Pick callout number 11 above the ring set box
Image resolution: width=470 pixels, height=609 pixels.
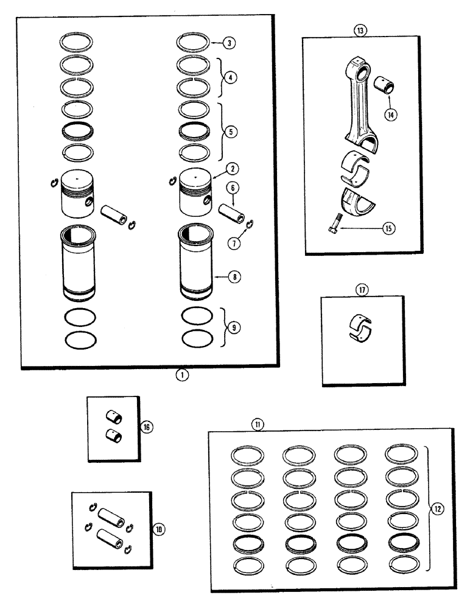coord(258,425)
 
